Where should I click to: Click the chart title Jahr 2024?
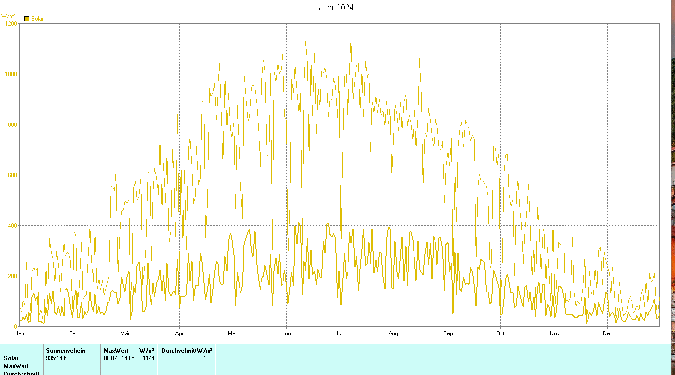[336, 7]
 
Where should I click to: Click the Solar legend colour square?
[27, 19]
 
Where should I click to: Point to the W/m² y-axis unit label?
[8, 16]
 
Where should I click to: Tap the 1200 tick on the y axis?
[10, 23]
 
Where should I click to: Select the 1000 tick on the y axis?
[10, 74]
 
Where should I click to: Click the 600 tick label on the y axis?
[12, 175]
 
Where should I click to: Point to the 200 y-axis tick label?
[12, 276]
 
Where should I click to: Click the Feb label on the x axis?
[74, 333]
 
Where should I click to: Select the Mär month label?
[125, 333]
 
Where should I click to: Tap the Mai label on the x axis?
[232, 333]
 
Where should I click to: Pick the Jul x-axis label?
[338, 333]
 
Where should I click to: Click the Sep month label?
[448, 333]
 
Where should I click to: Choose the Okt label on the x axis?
[500, 333]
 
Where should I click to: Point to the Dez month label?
[607, 333]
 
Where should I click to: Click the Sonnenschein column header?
[65, 351]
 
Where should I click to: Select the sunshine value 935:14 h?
[56, 358]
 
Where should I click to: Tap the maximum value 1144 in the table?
[149, 358]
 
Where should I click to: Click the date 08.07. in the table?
[110, 358]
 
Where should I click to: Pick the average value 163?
[208, 358]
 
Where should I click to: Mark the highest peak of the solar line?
[350, 38]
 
